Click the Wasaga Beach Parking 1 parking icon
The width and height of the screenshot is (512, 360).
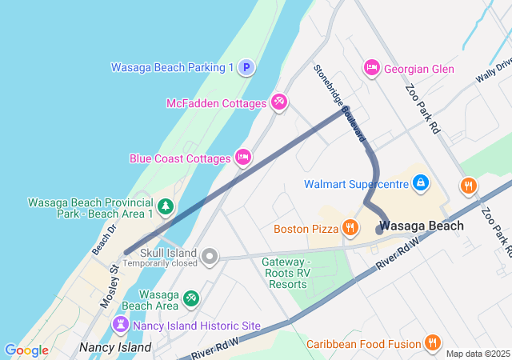point(246,68)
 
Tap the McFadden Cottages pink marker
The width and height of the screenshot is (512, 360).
point(279,102)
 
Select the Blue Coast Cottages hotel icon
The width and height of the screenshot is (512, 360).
point(243,158)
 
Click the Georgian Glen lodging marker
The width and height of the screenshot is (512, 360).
point(371,69)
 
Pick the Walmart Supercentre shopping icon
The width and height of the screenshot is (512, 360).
point(420,183)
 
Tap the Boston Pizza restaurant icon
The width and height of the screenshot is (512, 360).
point(350,229)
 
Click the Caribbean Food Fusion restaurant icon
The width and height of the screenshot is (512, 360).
point(432,343)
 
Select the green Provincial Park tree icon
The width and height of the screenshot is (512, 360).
point(166,207)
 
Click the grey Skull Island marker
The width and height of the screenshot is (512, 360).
point(210,256)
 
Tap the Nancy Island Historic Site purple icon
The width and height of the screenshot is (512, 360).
point(120,325)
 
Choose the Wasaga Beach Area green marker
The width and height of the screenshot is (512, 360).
point(191,299)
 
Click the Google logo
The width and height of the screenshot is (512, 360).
point(26,350)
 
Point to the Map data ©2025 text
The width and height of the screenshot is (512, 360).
point(478,354)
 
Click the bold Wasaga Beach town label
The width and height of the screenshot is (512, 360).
point(422,226)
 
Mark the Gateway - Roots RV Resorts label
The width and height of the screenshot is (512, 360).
point(286,273)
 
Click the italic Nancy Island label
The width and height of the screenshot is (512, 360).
point(115,347)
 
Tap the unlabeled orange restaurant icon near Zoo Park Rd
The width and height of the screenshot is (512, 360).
point(469,186)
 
